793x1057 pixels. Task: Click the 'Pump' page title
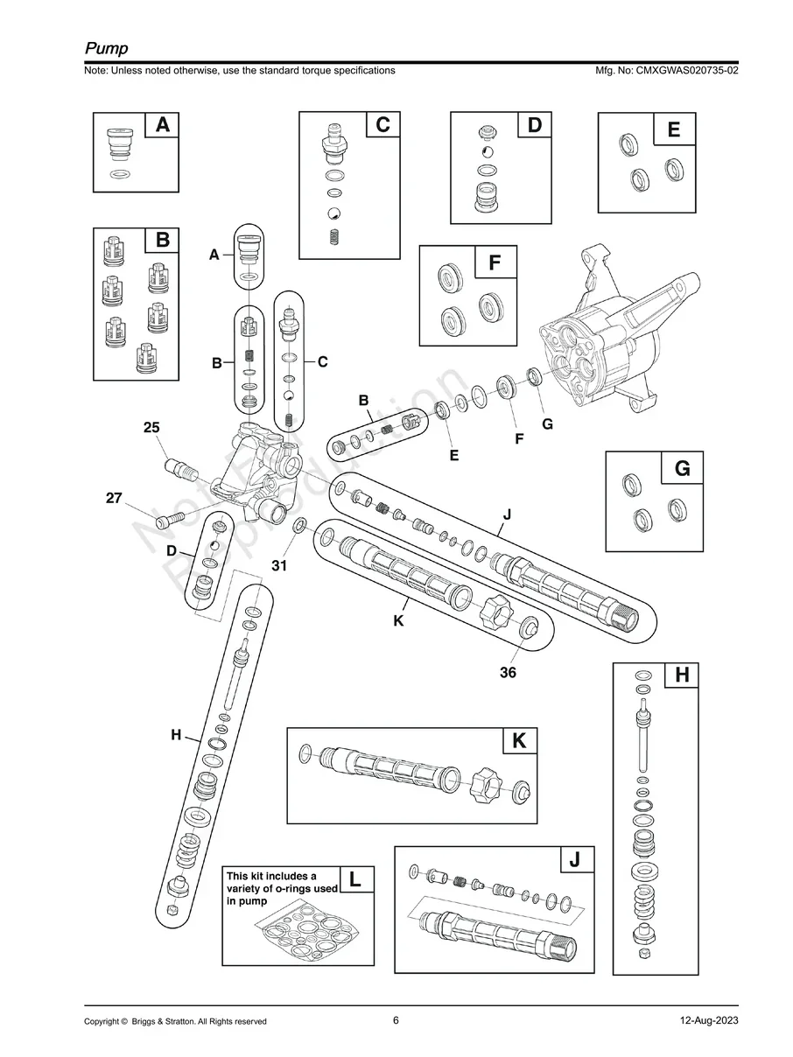[107, 48]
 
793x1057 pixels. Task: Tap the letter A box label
[163, 126]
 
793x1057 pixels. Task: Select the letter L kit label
[355, 880]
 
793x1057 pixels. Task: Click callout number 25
[152, 428]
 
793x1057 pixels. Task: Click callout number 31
[278, 566]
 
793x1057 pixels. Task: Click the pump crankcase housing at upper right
[604, 341]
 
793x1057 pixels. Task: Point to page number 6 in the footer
[396, 1020]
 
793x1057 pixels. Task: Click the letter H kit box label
[682, 676]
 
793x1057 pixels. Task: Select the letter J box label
[574, 861]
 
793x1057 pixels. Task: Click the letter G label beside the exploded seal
[547, 424]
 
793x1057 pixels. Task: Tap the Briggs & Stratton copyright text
[175, 1021]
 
